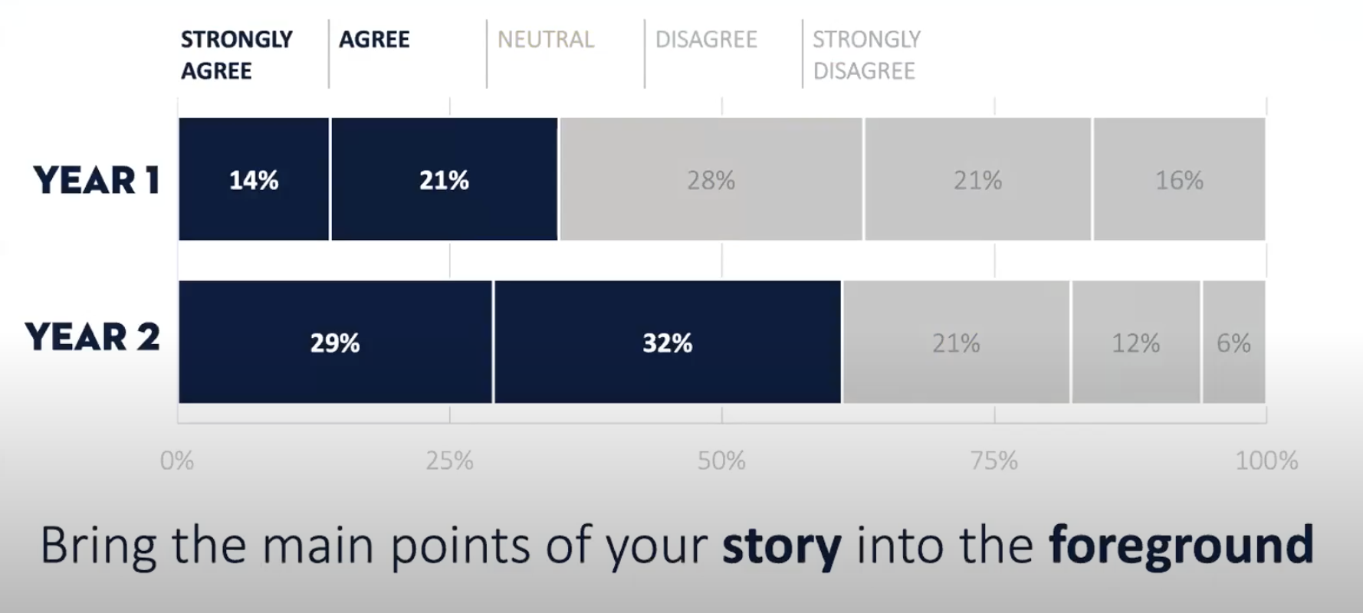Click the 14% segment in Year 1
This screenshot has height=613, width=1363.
click(254, 179)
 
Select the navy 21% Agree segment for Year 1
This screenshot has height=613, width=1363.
click(444, 179)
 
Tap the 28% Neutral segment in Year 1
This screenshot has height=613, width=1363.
click(711, 179)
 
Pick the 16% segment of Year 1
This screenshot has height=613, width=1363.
click(1179, 179)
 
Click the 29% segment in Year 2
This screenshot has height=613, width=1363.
click(335, 342)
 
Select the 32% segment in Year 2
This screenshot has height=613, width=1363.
click(667, 342)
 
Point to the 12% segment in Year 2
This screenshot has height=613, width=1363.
click(1135, 342)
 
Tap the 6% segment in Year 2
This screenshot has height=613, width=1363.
click(1233, 342)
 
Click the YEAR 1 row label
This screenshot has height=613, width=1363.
click(97, 180)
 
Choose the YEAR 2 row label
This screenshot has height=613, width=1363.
click(93, 337)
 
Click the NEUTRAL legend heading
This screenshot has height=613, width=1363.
click(546, 39)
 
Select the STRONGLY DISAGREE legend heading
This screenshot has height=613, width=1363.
click(866, 54)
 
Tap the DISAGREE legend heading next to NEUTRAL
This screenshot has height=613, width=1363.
click(706, 39)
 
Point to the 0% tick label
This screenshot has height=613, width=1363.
click(177, 461)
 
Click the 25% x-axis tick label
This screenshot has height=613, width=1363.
click(450, 461)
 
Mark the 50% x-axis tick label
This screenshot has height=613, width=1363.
click(721, 461)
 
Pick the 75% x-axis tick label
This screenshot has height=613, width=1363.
click(994, 461)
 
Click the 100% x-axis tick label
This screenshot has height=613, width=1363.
click(1266, 461)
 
